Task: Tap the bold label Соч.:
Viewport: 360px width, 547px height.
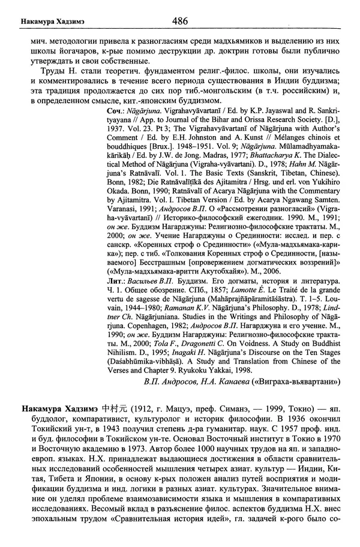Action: point(117,112)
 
